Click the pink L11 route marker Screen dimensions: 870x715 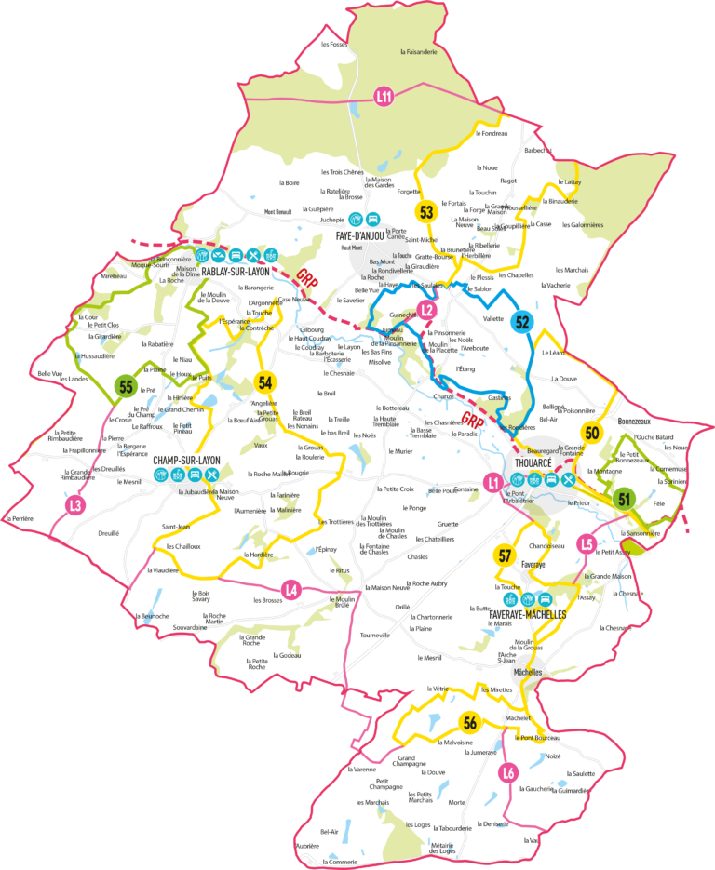coord(384,95)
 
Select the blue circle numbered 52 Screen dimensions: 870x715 coord(522,322)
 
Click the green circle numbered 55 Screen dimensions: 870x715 coord(125,384)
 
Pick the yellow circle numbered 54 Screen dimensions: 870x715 coord(265,382)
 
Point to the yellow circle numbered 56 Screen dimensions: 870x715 coord(470,723)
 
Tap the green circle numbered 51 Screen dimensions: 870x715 coord(624,499)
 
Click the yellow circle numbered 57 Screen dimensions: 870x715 coord(505,556)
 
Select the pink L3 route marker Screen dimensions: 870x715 coord(77,505)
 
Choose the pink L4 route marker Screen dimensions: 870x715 coord(292,588)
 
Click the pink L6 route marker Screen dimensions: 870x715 coord(507,772)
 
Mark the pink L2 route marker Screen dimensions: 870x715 coord(427,310)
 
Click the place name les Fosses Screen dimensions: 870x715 coord(332,44)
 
